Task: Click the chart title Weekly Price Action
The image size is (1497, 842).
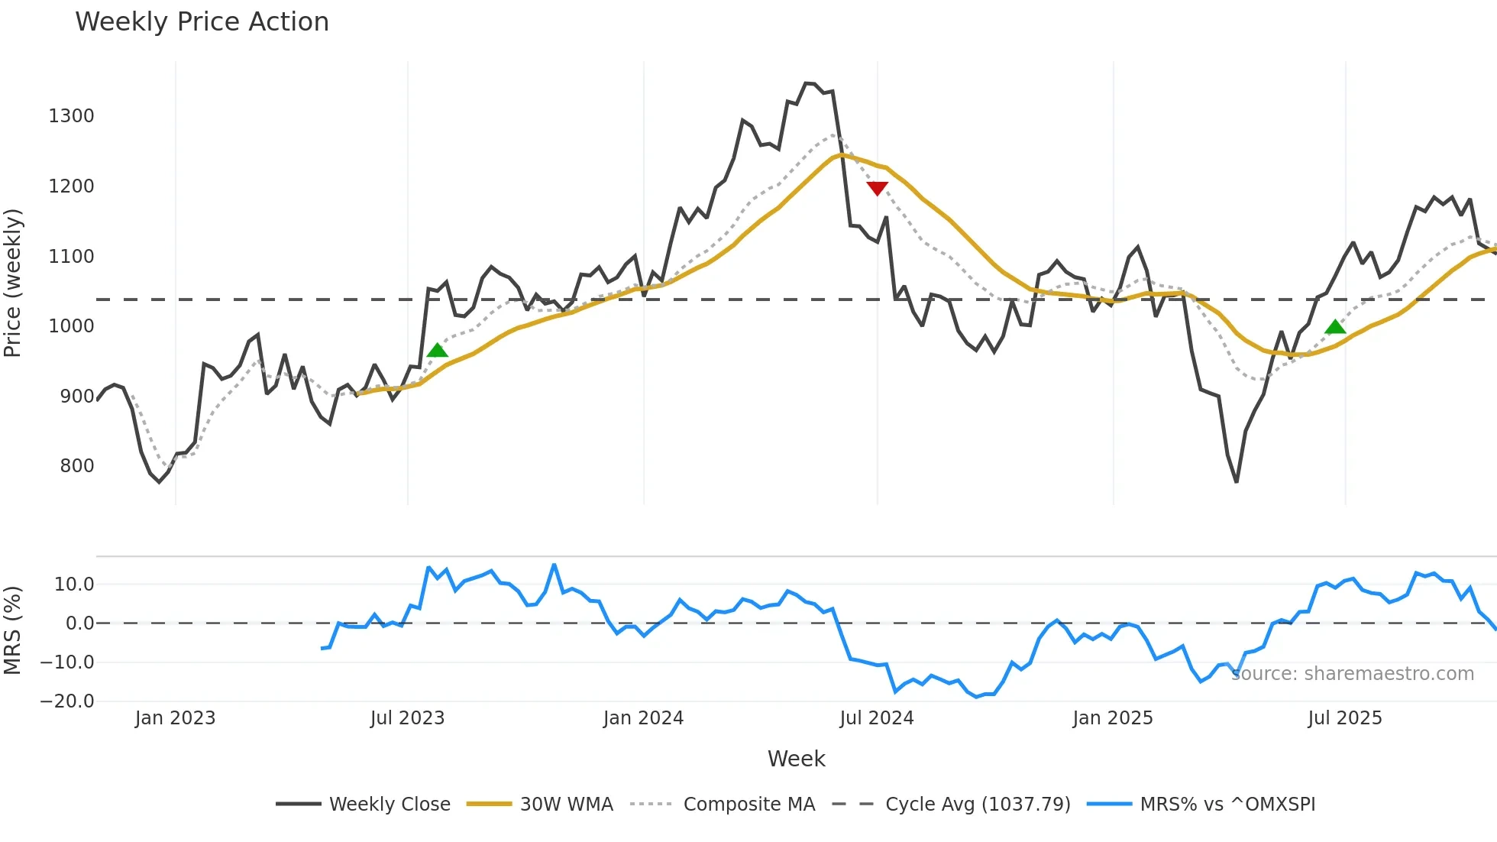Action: (x=202, y=22)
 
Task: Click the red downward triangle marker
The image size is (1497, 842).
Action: (x=877, y=188)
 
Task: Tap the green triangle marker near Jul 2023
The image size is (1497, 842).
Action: (x=437, y=350)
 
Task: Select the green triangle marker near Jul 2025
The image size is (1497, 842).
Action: (x=1335, y=327)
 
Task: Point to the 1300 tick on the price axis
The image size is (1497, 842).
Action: (x=71, y=116)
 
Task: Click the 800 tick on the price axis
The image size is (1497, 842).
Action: (x=76, y=466)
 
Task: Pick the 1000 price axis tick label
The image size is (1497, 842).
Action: (x=71, y=326)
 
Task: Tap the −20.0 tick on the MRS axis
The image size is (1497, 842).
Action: (x=67, y=701)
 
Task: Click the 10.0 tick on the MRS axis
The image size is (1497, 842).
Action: (x=73, y=585)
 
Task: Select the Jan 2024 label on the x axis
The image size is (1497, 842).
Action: (x=643, y=718)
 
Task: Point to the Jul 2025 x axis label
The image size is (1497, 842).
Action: (x=1344, y=718)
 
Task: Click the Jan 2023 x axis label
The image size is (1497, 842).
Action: (x=175, y=718)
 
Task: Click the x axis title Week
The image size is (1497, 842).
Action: (x=796, y=759)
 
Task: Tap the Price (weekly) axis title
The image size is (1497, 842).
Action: (x=13, y=283)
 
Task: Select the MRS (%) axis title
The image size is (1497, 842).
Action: (x=13, y=630)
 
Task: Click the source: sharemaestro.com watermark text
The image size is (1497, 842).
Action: (x=1352, y=674)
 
